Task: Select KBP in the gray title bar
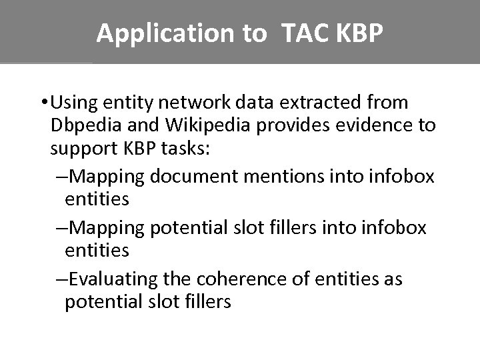click(x=360, y=33)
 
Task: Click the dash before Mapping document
click(x=61, y=176)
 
